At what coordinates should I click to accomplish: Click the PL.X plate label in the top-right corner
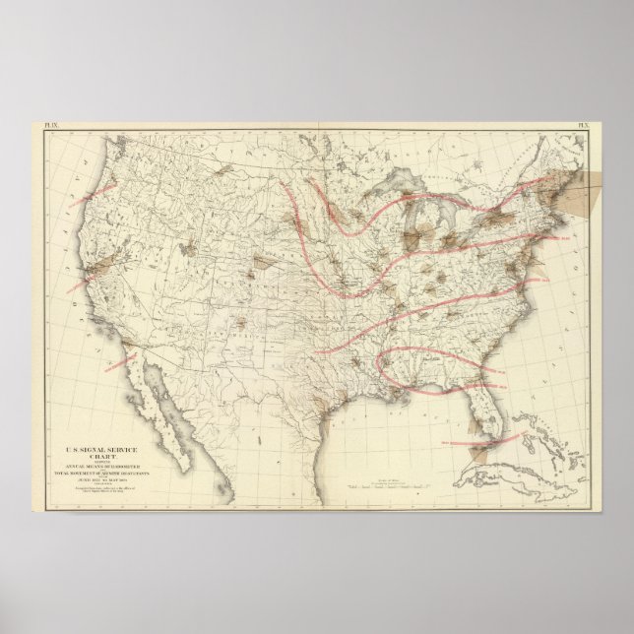(583, 126)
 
